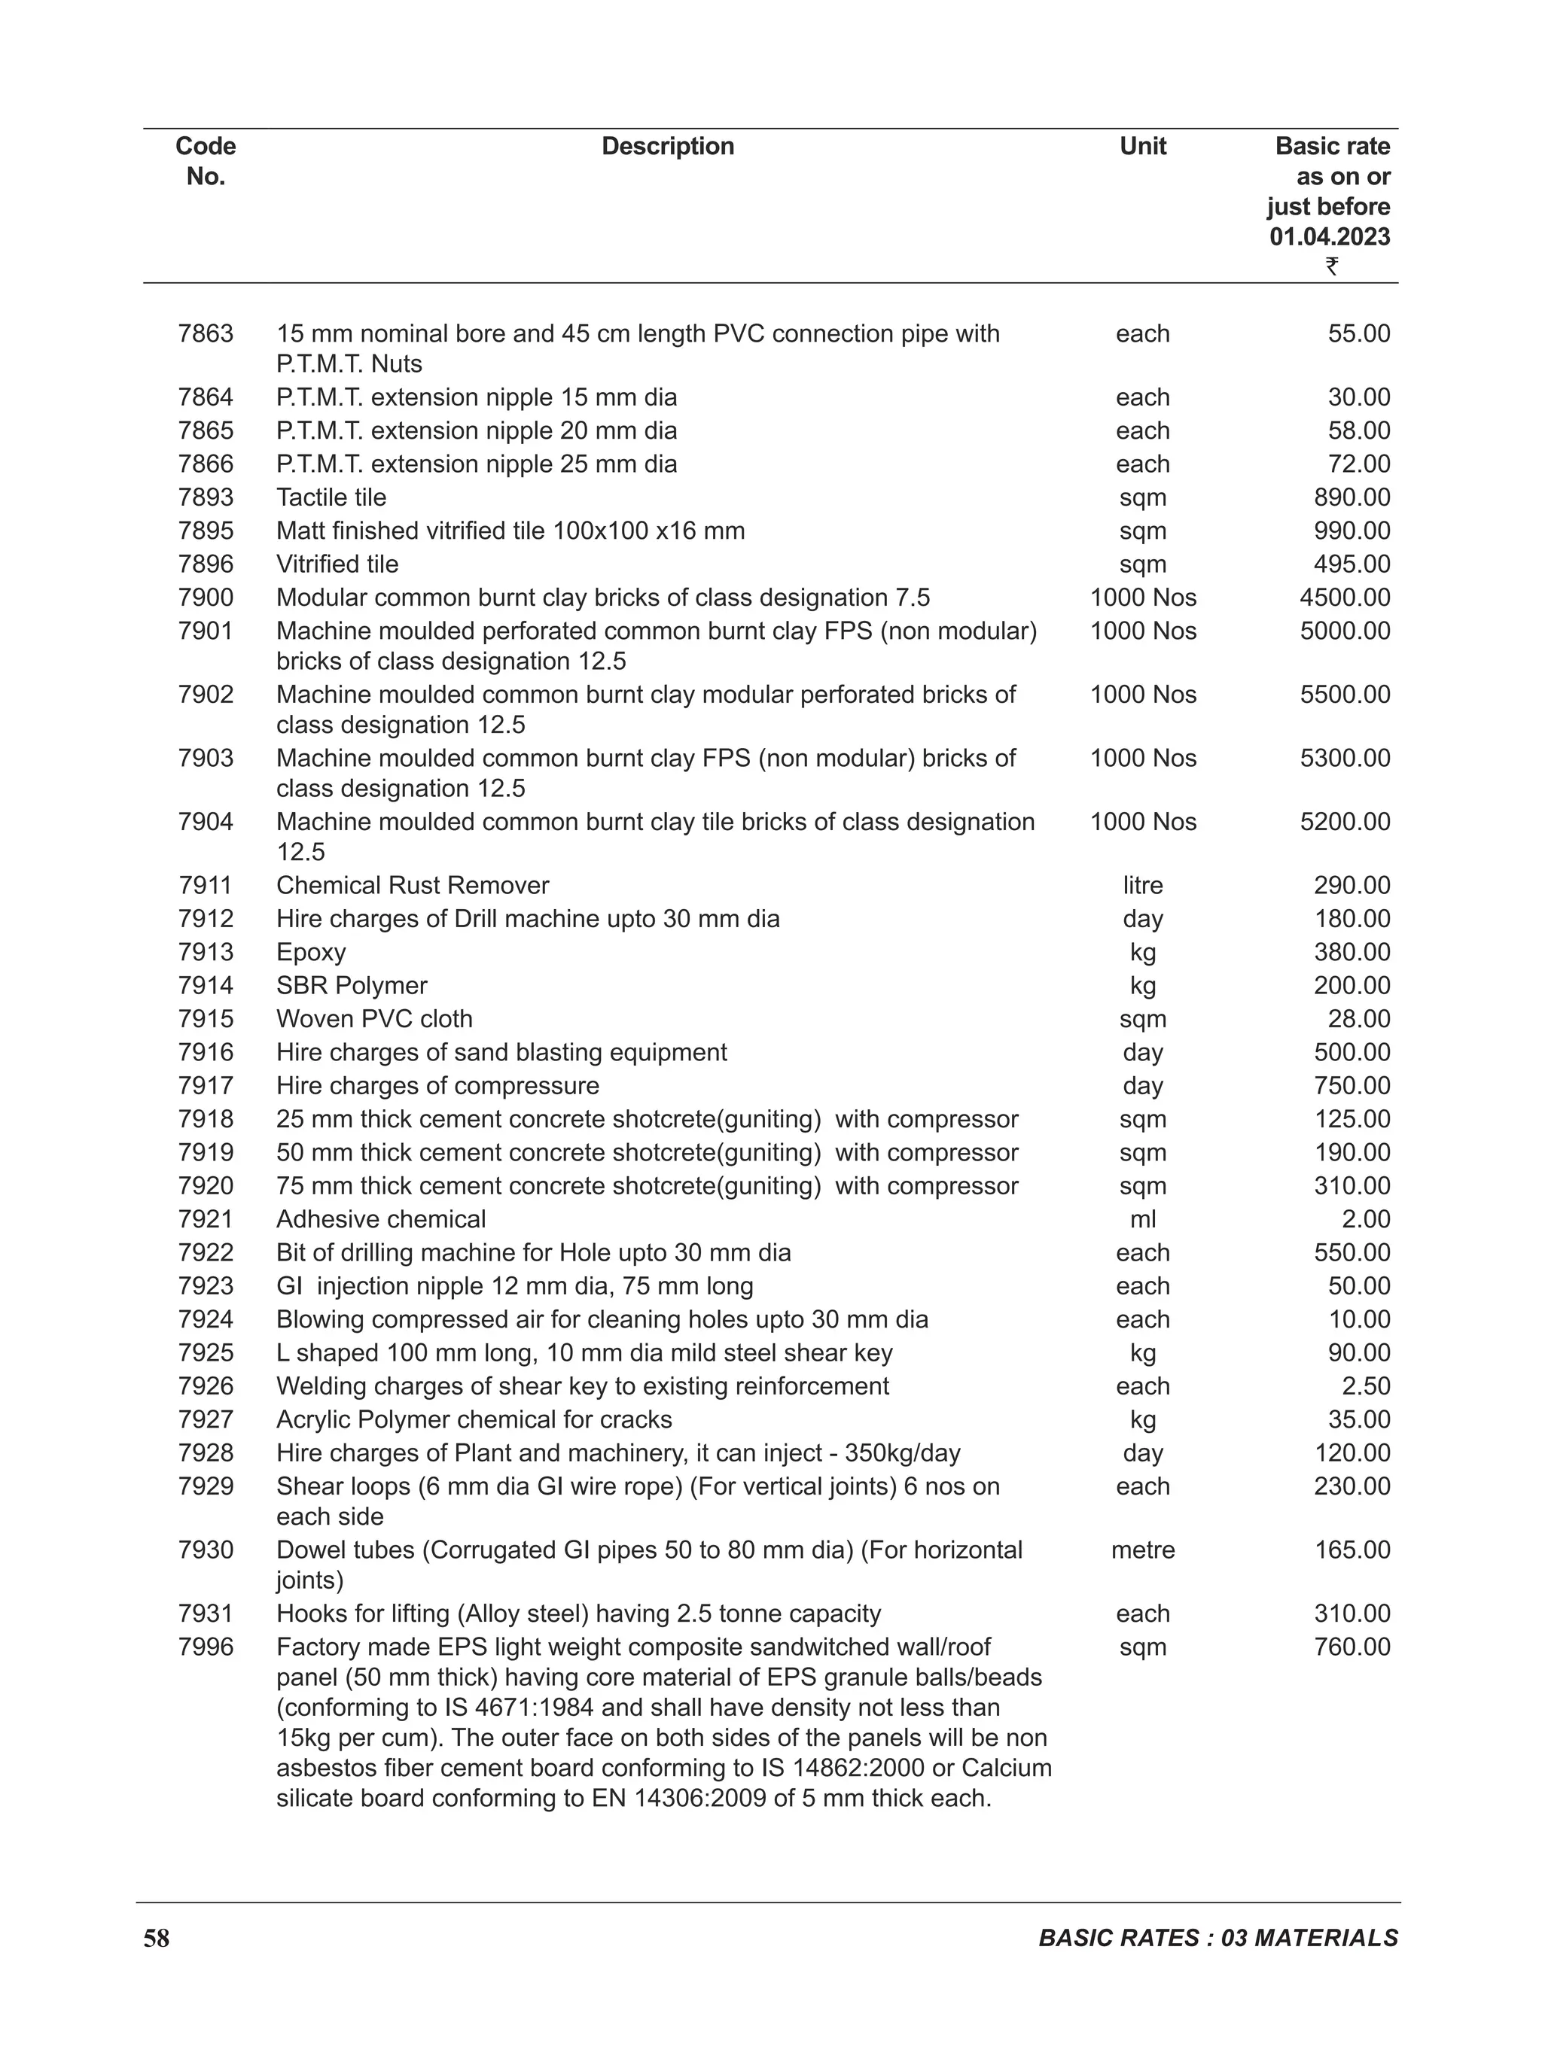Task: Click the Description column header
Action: (x=668, y=147)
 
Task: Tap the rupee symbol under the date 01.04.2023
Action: (x=1331, y=267)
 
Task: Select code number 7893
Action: (x=206, y=497)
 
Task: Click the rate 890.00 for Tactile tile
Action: (x=1352, y=497)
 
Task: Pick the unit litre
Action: (x=1143, y=886)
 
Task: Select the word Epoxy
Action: (x=311, y=952)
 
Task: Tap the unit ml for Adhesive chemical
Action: (x=1143, y=1220)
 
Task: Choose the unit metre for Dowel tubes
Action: (x=1143, y=1550)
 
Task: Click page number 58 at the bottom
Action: (x=157, y=1939)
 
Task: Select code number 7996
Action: (x=206, y=1647)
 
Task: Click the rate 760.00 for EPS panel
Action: (x=1352, y=1647)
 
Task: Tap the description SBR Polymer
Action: (x=352, y=986)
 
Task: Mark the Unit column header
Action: (x=1143, y=147)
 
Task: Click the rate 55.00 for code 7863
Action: (x=1359, y=334)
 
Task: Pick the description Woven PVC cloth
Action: (x=374, y=1019)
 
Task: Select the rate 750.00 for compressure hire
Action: (x=1352, y=1086)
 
